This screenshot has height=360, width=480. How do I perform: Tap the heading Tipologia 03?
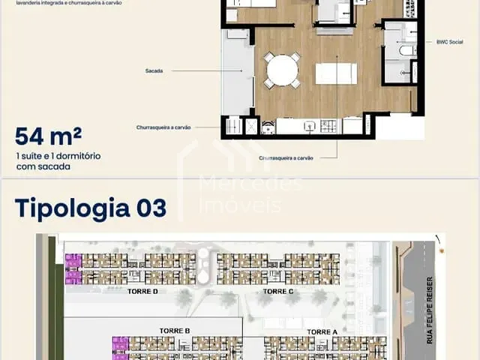90,207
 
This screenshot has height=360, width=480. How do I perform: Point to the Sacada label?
155,71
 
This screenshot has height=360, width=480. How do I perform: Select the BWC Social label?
449,43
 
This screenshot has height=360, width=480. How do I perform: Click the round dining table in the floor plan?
282,70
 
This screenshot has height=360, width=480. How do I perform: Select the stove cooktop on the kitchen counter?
329,127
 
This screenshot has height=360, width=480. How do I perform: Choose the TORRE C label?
278,291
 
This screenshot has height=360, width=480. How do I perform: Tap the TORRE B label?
174,331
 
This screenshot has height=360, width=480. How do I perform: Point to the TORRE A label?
322,331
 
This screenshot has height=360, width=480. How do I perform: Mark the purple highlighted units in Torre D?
73,268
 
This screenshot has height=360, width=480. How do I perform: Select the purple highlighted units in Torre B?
120,347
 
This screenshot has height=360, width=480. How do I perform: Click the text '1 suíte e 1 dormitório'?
58,156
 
